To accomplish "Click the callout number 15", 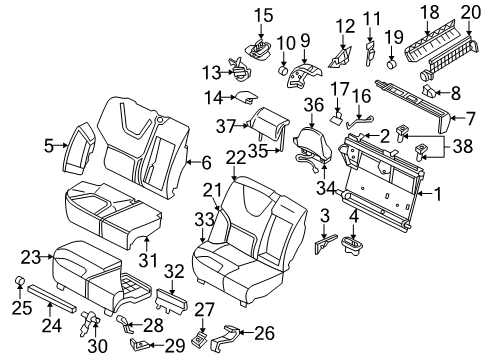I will click(263, 14).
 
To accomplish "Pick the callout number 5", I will click(48, 146).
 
